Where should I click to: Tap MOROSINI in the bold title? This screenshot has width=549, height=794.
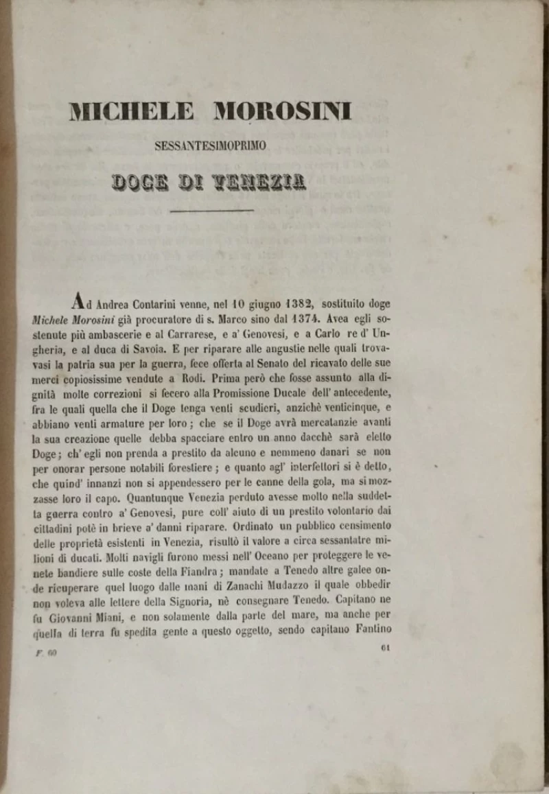[x=283, y=111]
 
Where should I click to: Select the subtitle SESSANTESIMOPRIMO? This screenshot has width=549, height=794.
[x=211, y=145]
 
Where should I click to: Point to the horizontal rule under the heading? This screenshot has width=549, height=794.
[x=211, y=211]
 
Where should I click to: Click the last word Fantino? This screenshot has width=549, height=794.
[x=370, y=630]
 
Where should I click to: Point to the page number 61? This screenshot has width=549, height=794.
[x=384, y=646]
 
